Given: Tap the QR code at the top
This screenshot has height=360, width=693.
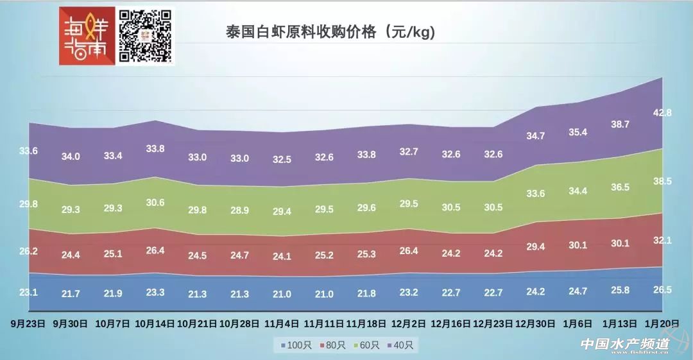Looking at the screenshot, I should click(146, 37).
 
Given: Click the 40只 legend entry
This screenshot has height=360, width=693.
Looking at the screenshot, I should click(402, 345).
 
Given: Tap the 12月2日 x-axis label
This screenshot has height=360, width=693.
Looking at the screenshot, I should click(408, 323).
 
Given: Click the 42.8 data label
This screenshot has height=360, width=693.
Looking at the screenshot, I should click(661, 113).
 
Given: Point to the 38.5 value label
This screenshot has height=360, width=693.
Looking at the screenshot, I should click(661, 182).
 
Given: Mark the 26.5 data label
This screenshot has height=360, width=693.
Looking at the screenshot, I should click(661, 290).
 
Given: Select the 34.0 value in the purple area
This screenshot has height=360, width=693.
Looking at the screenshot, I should click(71, 157).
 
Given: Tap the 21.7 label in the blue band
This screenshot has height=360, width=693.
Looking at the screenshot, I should click(71, 293).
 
